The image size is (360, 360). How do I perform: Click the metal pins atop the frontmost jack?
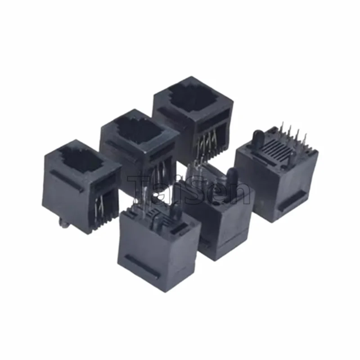148,211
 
